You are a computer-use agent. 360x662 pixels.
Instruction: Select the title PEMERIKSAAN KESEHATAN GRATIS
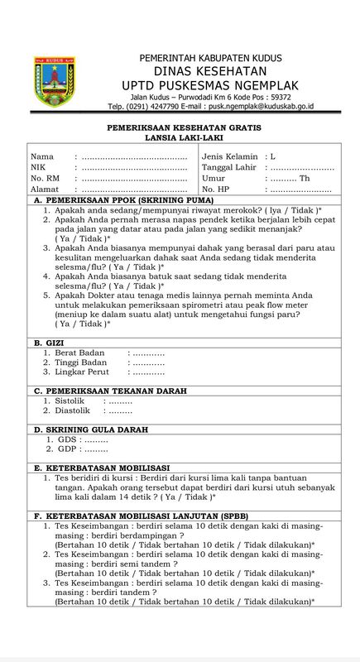click(180, 129)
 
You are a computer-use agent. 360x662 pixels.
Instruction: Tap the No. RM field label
click(46, 178)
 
